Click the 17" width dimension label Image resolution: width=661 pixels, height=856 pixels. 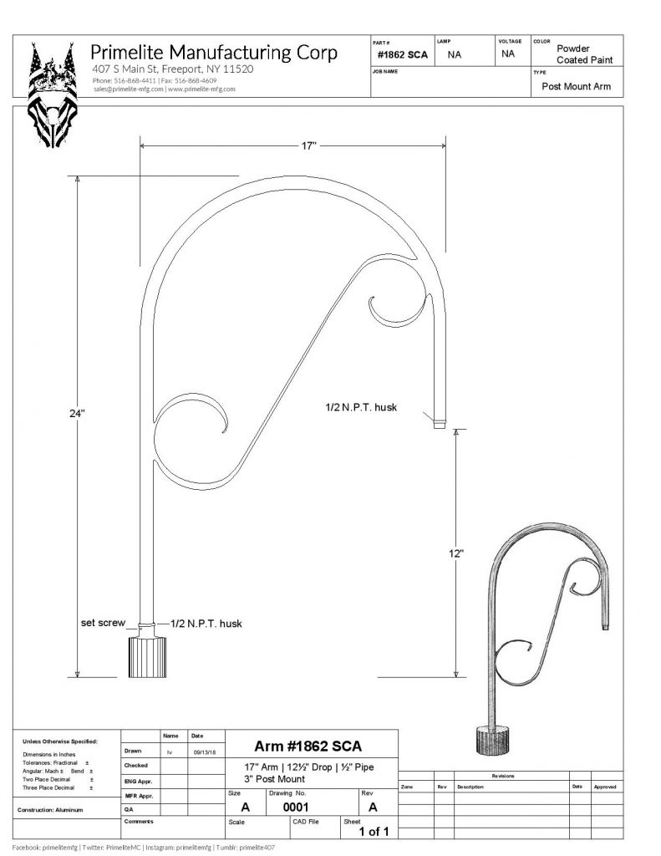[x=308, y=145]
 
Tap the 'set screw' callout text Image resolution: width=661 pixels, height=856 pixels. [x=103, y=623]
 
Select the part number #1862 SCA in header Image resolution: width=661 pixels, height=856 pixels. [x=403, y=54]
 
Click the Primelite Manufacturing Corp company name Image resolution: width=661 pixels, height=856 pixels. [x=215, y=53]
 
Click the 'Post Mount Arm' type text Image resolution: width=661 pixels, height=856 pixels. [x=576, y=86]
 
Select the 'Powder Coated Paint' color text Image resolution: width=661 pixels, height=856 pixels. [x=584, y=54]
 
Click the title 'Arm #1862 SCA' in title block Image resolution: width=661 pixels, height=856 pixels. [x=308, y=746]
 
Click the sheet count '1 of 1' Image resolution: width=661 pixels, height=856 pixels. [x=374, y=832]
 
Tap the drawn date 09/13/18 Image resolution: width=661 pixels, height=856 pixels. [x=205, y=752]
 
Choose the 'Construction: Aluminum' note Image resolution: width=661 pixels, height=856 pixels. [x=57, y=811]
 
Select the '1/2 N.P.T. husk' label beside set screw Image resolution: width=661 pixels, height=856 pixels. [x=206, y=623]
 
